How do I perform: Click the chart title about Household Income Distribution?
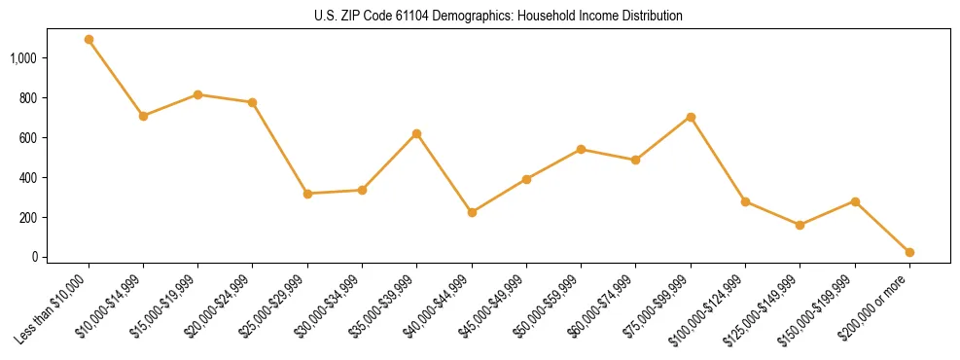pyautogui.click(x=499, y=17)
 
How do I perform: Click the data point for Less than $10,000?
pyautogui.click(x=89, y=40)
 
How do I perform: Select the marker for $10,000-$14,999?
pyautogui.click(x=143, y=116)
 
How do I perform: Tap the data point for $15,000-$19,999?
pyautogui.click(x=197, y=94)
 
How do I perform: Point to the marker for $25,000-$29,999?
pyautogui.click(x=307, y=194)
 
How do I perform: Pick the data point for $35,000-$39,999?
pyautogui.click(x=416, y=133)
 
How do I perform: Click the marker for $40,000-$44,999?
pyautogui.click(x=472, y=212)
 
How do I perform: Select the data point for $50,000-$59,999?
pyautogui.click(x=581, y=150)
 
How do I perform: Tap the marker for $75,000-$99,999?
pyautogui.click(x=691, y=117)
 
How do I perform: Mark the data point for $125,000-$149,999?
pyautogui.click(x=800, y=225)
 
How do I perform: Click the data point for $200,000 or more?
pyautogui.click(x=909, y=252)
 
